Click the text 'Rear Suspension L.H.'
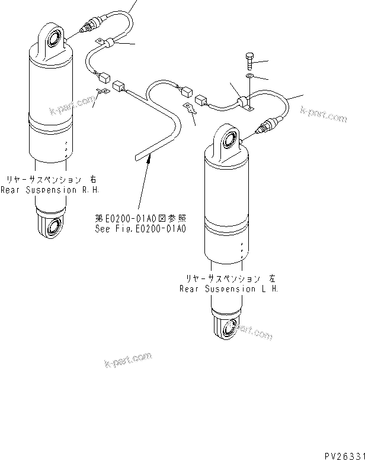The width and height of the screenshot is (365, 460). [228, 290]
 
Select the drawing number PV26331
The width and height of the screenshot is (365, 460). [343, 455]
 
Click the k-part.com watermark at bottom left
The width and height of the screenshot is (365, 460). [128, 358]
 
